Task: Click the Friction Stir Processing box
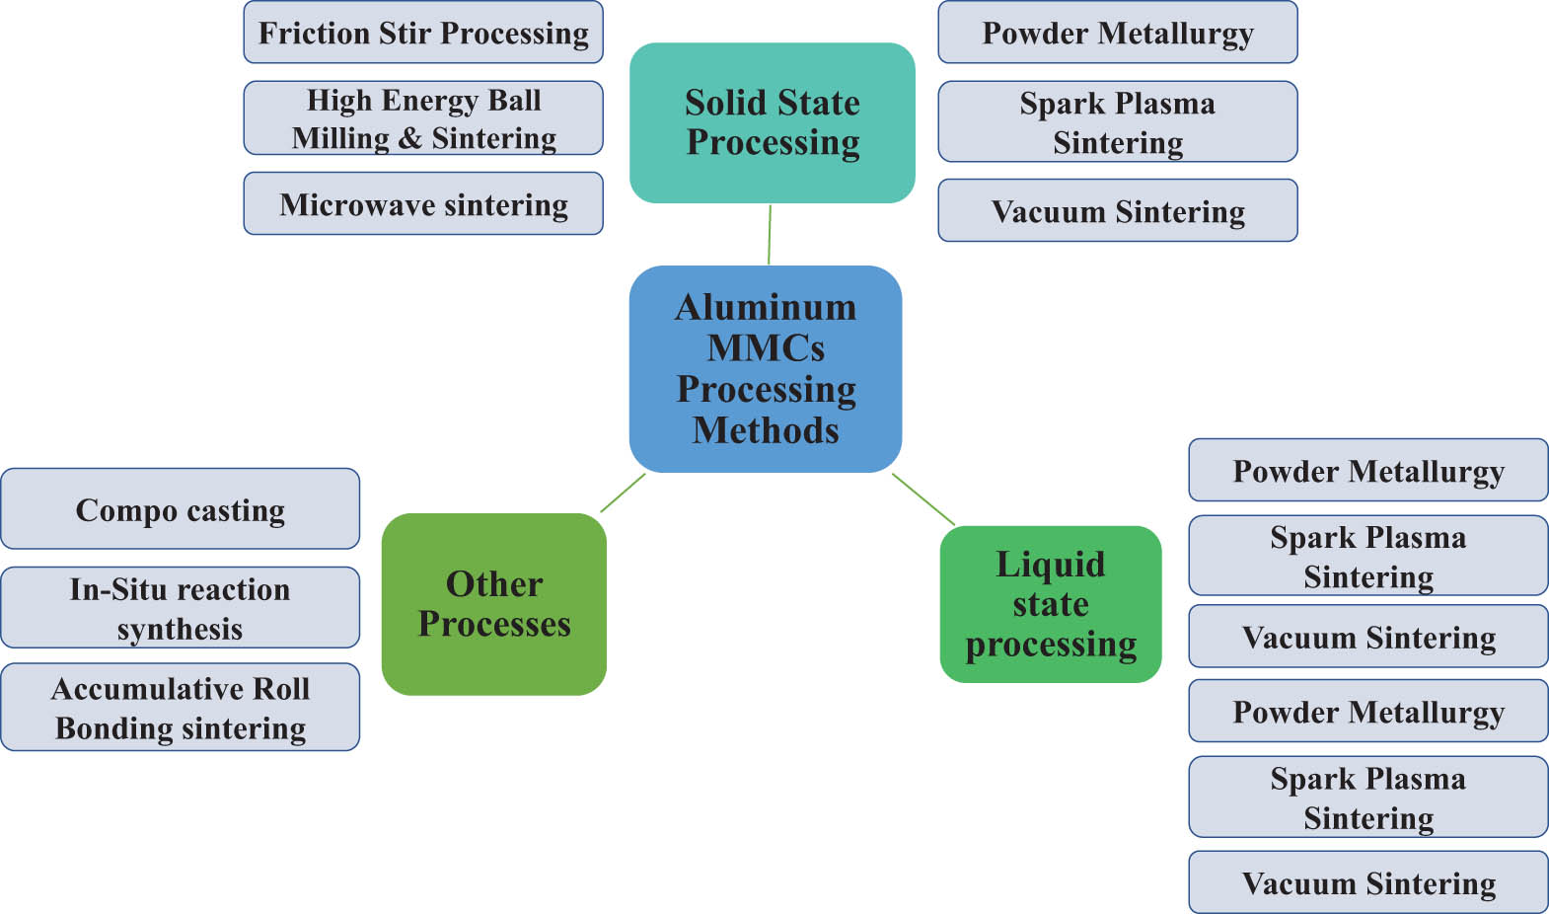[x=423, y=33]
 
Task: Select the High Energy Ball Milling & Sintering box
[x=423, y=118]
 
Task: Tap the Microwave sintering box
[x=423, y=204]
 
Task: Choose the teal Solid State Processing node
[x=773, y=122]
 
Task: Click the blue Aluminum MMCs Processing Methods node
[x=766, y=368]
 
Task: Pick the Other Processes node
[x=494, y=604]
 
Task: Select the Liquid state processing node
[x=1051, y=604]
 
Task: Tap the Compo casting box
[x=181, y=509]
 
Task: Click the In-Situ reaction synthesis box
[x=181, y=608]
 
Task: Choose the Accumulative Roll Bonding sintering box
[x=181, y=708]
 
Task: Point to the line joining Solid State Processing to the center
[x=770, y=234]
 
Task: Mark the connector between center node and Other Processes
[x=623, y=493]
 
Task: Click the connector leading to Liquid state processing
[x=923, y=499]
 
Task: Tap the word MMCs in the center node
[x=766, y=348]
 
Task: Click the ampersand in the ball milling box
[x=409, y=138]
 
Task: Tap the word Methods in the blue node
[x=766, y=431]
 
